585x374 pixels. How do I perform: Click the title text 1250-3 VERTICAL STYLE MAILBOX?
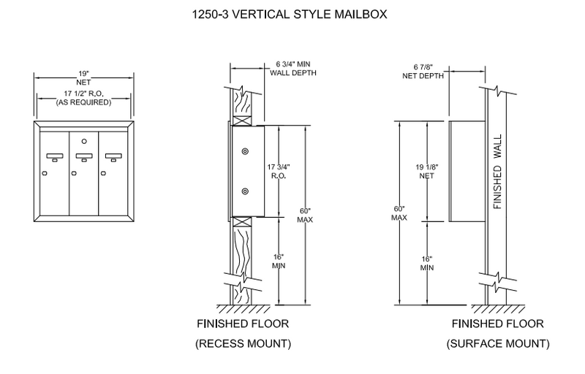tap(292, 13)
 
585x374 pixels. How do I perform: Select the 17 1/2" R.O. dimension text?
tap(83, 93)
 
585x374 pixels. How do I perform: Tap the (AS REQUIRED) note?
tap(83, 103)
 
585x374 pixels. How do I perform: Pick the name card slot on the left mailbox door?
tap(54, 156)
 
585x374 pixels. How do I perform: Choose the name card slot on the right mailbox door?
tap(113, 156)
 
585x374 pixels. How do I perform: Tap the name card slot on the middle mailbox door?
tap(83, 156)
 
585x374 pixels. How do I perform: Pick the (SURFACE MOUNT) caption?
tap(498, 342)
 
